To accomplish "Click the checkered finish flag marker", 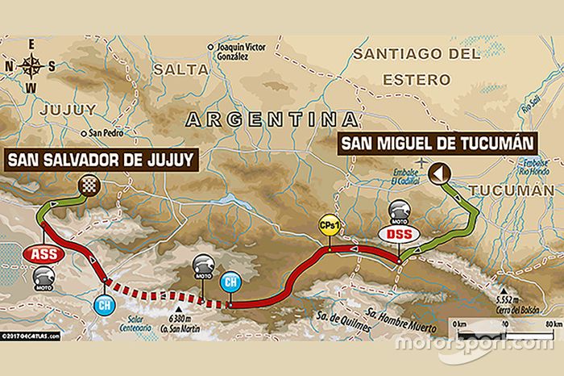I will tap(87, 186).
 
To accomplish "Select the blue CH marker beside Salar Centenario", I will tap(103, 306).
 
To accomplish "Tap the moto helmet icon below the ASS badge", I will tap(44, 278).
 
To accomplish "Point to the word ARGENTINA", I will tap(272, 119).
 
